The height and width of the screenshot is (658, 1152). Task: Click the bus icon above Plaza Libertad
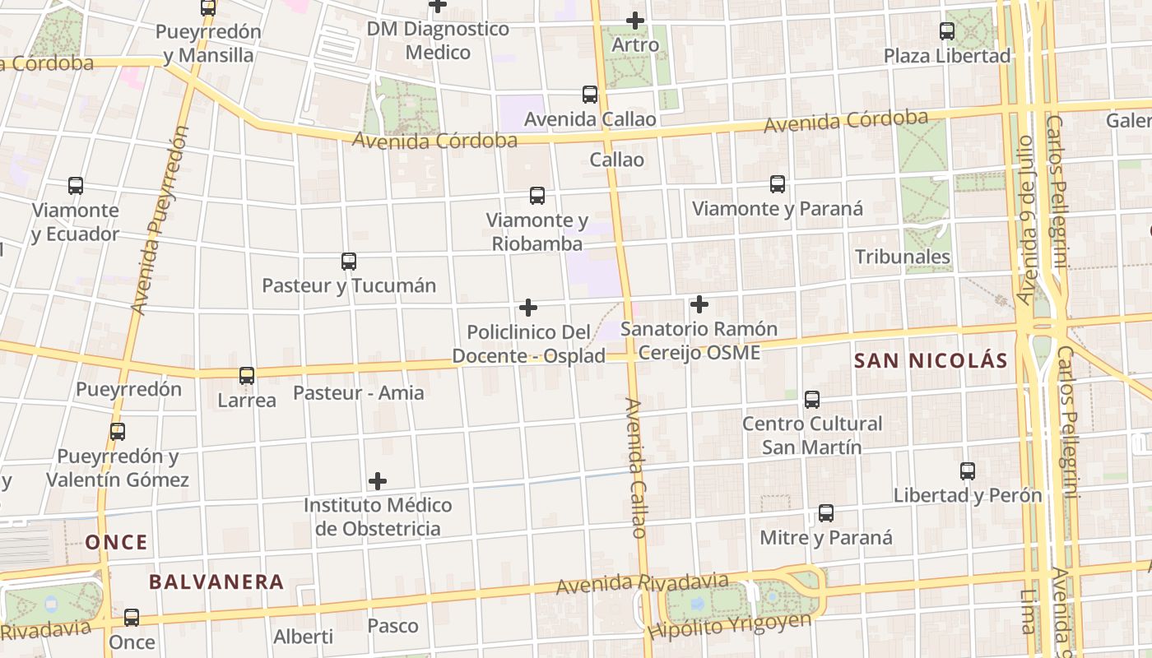pyautogui.click(x=947, y=31)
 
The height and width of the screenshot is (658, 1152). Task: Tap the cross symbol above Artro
pyautogui.click(x=635, y=20)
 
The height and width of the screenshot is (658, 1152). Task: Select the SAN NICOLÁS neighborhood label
pyautogui.click(x=931, y=360)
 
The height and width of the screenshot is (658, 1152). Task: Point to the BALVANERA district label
pyautogui.click(x=216, y=582)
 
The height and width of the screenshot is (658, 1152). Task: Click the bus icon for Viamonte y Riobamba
pyautogui.click(x=537, y=195)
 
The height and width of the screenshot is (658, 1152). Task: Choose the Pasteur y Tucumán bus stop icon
pyautogui.click(x=349, y=262)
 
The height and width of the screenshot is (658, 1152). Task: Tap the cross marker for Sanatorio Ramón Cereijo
pyautogui.click(x=699, y=304)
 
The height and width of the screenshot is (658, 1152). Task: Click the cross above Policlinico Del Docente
pyautogui.click(x=528, y=308)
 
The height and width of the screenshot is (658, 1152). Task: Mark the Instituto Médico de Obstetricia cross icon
pyautogui.click(x=378, y=480)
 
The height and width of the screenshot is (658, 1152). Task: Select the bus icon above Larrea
pyautogui.click(x=247, y=376)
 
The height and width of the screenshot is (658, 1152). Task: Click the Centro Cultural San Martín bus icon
pyautogui.click(x=812, y=400)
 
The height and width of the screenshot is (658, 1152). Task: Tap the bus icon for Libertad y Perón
pyautogui.click(x=968, y=471)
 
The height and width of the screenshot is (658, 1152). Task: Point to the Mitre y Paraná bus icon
pyautogui.click(x=826, y=513)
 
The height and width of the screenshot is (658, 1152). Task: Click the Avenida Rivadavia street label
pyautogui.click(x=643, y=583)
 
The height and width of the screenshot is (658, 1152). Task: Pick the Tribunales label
pyautogui.click(x=903, y=257)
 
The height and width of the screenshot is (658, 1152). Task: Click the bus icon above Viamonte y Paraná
pyautogui.click(x=778, y=184)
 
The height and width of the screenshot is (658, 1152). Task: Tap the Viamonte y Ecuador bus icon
pyautogui.click(x=76, y=186)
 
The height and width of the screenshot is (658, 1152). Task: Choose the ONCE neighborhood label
pyautogui.click(x=117, y=542)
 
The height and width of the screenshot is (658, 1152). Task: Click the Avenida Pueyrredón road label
pyautogui.click(x=160, y=220)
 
